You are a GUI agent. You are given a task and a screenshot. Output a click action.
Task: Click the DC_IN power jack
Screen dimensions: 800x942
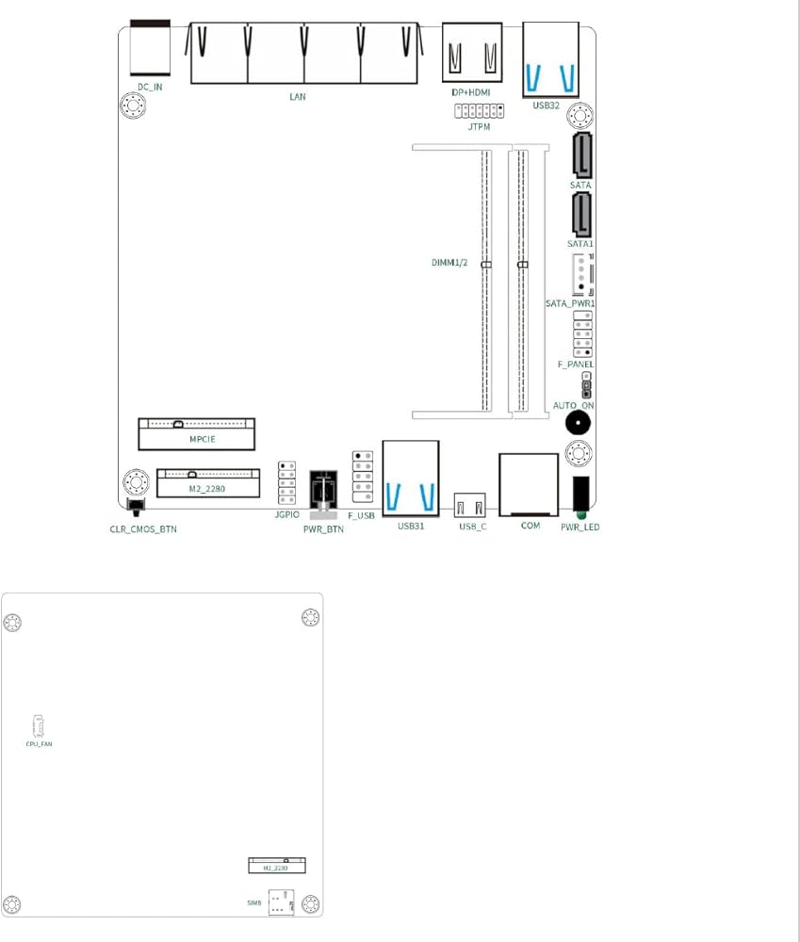pos(150,47)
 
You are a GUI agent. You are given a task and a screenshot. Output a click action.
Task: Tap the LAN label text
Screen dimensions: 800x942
pos(298,96)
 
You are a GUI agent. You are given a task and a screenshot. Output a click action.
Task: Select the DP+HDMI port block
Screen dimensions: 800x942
pos(472,52)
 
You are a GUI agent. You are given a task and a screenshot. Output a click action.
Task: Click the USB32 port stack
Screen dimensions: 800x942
pos(550,59)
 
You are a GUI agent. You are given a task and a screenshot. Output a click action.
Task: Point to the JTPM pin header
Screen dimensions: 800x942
pos(479,110)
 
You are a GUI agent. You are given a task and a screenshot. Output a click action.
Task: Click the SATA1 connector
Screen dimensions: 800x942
pos(581,215)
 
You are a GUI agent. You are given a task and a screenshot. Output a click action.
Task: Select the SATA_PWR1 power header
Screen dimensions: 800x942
pos(582,274)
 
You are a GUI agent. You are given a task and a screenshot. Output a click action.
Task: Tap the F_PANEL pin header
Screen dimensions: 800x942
pos(582,334)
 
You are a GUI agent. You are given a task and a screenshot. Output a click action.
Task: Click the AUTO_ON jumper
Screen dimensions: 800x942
pos(587,384)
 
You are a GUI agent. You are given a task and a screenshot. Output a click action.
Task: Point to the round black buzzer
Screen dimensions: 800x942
pos(578,423)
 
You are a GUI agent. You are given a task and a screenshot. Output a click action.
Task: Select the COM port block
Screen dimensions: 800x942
pos(529,485)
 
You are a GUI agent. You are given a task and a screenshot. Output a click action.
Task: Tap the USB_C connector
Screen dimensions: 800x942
pos(470,505)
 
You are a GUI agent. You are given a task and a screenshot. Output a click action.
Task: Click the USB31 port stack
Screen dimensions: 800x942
pos(411,479)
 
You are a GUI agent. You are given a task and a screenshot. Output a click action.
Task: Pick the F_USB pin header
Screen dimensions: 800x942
pos(363,477)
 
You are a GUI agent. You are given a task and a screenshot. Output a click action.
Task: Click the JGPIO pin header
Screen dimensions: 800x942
pos(286,483)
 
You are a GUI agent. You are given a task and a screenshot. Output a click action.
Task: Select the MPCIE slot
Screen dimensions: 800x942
pos(197,433)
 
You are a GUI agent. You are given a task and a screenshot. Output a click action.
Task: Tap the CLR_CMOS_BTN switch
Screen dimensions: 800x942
pos(137,507)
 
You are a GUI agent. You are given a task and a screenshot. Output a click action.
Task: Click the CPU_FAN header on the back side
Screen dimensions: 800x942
pos(38,726)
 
